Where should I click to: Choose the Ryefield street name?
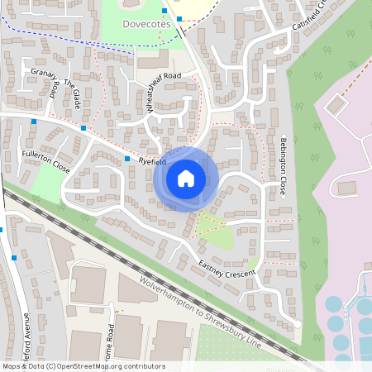[153, 162]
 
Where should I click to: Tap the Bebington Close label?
[284, 165]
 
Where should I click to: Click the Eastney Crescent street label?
[227, 266]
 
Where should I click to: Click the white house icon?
[186, 179]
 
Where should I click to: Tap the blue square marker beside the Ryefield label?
[127, 158]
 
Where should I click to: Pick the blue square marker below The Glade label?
[83, 127]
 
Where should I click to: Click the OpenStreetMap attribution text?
[83, 366]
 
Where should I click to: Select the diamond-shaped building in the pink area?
[335, 105]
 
